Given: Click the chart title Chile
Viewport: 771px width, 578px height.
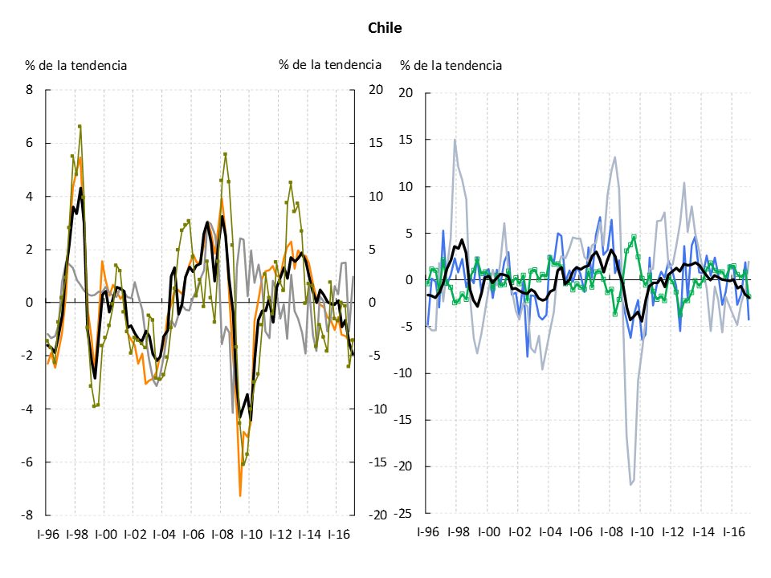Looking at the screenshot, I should coord(385,28).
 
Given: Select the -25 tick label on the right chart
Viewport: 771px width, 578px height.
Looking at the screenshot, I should coord(404,513).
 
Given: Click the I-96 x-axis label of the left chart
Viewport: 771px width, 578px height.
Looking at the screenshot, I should coord(47,533).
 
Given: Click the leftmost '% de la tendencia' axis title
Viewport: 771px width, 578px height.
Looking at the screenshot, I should coord(75,65).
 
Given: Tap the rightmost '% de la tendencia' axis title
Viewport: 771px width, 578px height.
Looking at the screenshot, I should coord(451,65).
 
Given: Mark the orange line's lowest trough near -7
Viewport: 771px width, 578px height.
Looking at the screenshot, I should coord(240,495).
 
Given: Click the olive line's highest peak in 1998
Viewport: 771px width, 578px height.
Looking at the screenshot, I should coord(80,126).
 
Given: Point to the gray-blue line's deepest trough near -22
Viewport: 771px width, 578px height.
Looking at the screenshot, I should coord(631,484).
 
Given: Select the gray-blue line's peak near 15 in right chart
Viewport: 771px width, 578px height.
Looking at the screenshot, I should coord(455,140).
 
